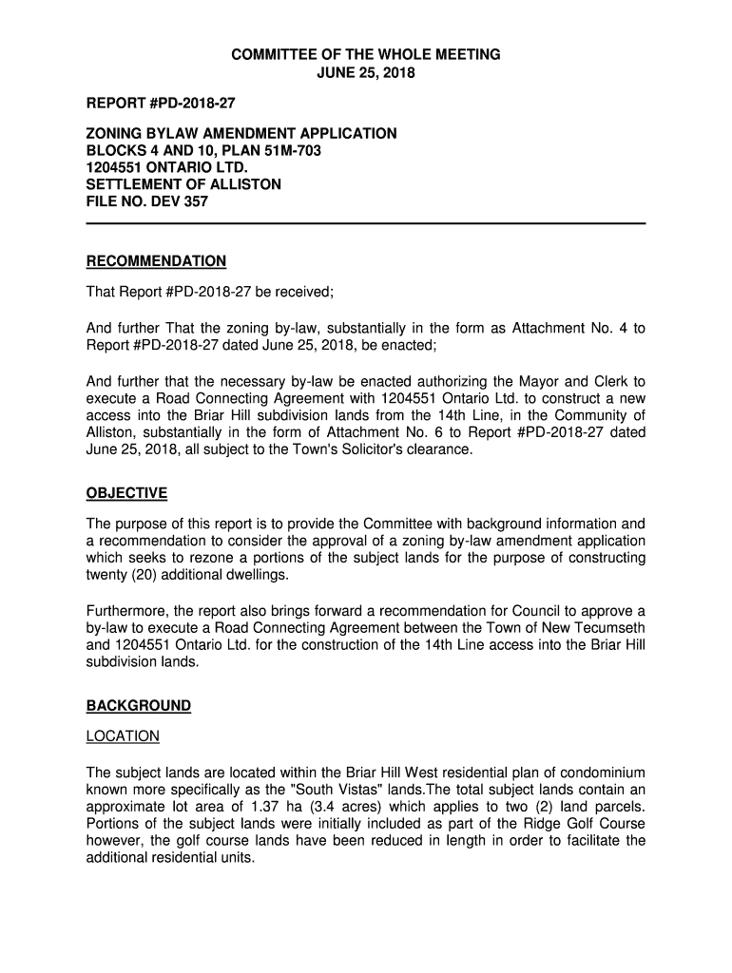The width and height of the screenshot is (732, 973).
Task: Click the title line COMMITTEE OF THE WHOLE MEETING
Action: (x=366, y=55)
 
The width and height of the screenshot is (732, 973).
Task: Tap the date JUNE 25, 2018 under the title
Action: (x=366, y=73)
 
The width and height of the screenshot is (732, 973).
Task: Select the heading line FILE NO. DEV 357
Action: (x=147, y=202)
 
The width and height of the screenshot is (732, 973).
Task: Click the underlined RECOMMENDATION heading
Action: (x=156, y=261)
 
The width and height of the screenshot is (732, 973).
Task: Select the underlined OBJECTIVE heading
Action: (x=126, y=493)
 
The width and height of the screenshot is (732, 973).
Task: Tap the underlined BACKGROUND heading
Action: (x=139, y=706)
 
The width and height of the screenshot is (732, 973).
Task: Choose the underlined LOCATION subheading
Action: (x=123, y=736)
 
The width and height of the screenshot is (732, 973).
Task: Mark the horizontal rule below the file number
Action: (x=366, y=223)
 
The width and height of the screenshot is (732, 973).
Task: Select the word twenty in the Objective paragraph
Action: (x=107, y=576)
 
